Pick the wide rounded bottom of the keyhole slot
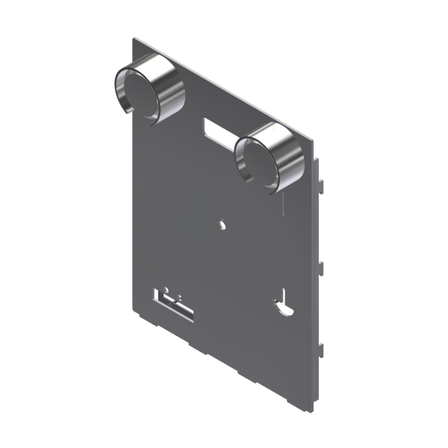(x=281, y=306)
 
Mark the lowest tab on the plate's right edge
(x=322, y=347)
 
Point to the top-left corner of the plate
(x=134, y=37)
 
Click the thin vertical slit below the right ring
(x=284, y=200)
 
